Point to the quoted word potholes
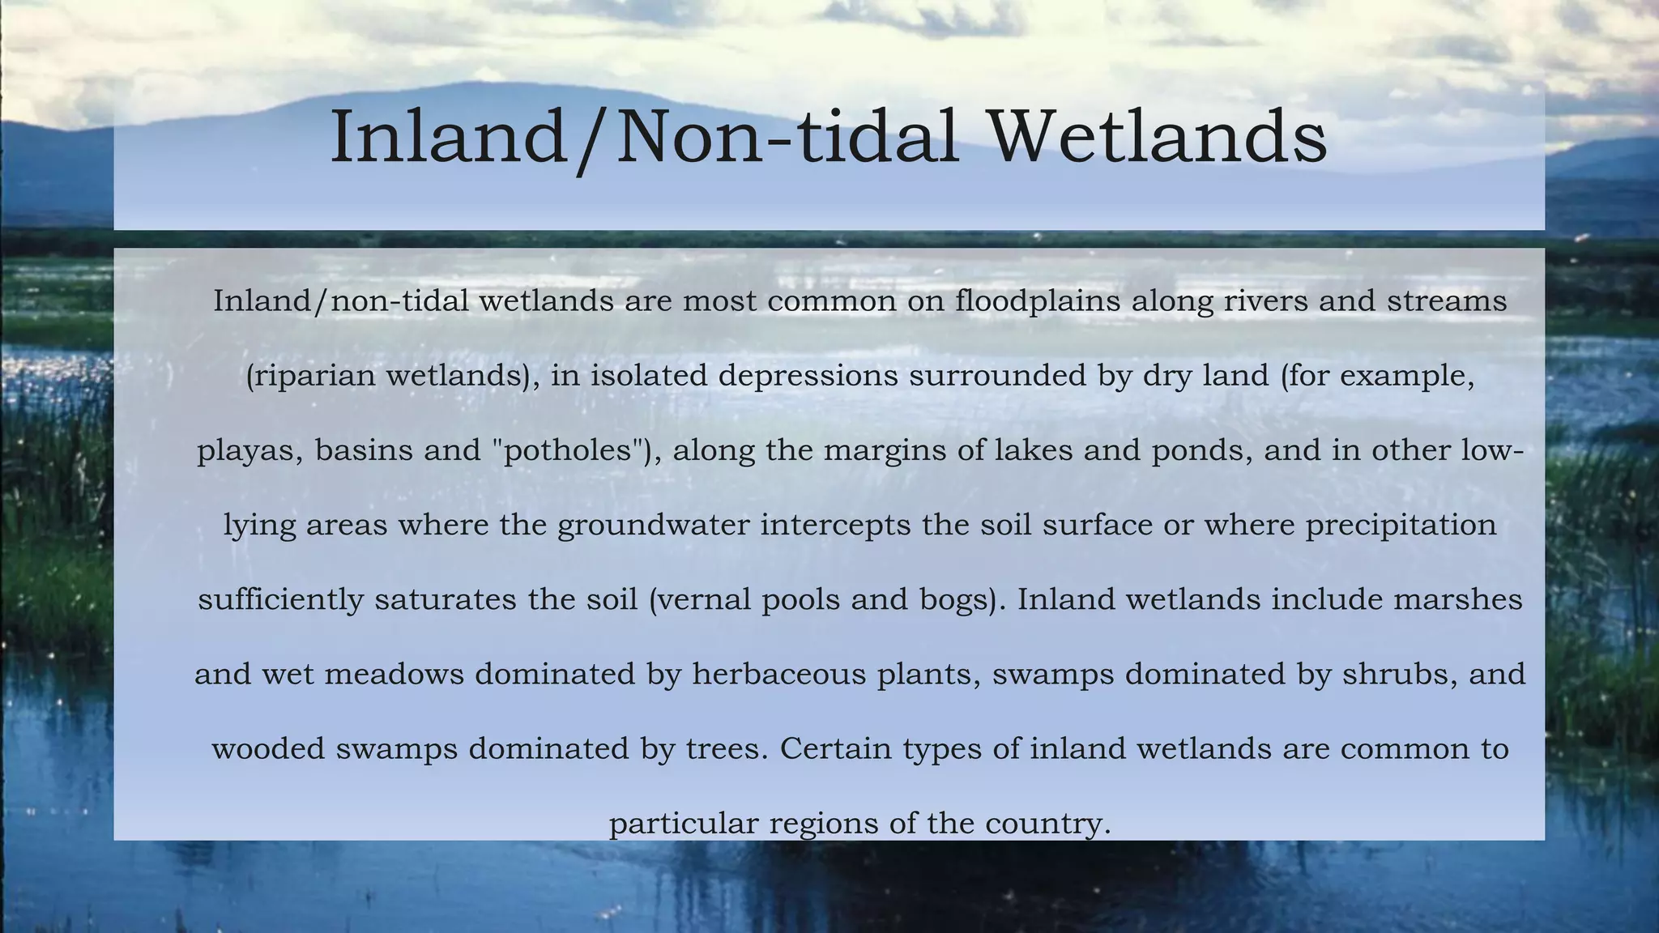coord(568,450)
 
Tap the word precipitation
coord(1401,525)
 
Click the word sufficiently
coord(280,599)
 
